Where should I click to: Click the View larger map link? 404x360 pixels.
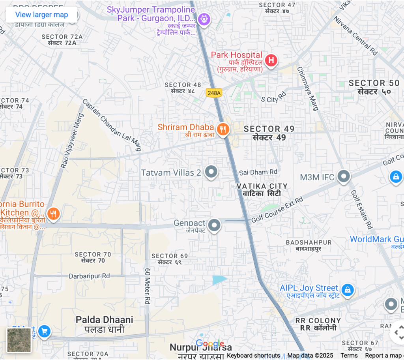click(x=41, y=15)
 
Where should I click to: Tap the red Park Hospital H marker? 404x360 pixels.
click(x=271, y=60)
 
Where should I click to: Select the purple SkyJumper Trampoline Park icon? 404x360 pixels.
click(x=204, y=18)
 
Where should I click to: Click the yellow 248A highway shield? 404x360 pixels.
click(x=214, y=93)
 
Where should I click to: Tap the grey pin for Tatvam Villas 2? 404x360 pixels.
click(x=212, y=172)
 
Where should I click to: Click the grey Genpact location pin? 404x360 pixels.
click(x=214, y=225)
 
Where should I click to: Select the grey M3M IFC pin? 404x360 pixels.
click(x=344, y=176)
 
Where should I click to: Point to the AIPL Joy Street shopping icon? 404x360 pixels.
click(x=347, y=290)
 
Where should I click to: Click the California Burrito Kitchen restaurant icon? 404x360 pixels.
click(x=53, y=214)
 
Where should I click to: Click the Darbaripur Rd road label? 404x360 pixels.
click(x=89, y=276)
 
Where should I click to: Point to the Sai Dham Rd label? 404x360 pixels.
click(x=258, y=172)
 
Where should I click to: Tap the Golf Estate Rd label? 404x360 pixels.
click(x=362, y=210)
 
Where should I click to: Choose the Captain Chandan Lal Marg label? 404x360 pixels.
click(x=112, y=125)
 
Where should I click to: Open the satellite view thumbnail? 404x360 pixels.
click(x=19, y=340)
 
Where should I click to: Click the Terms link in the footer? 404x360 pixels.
click(x=349, y=356)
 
